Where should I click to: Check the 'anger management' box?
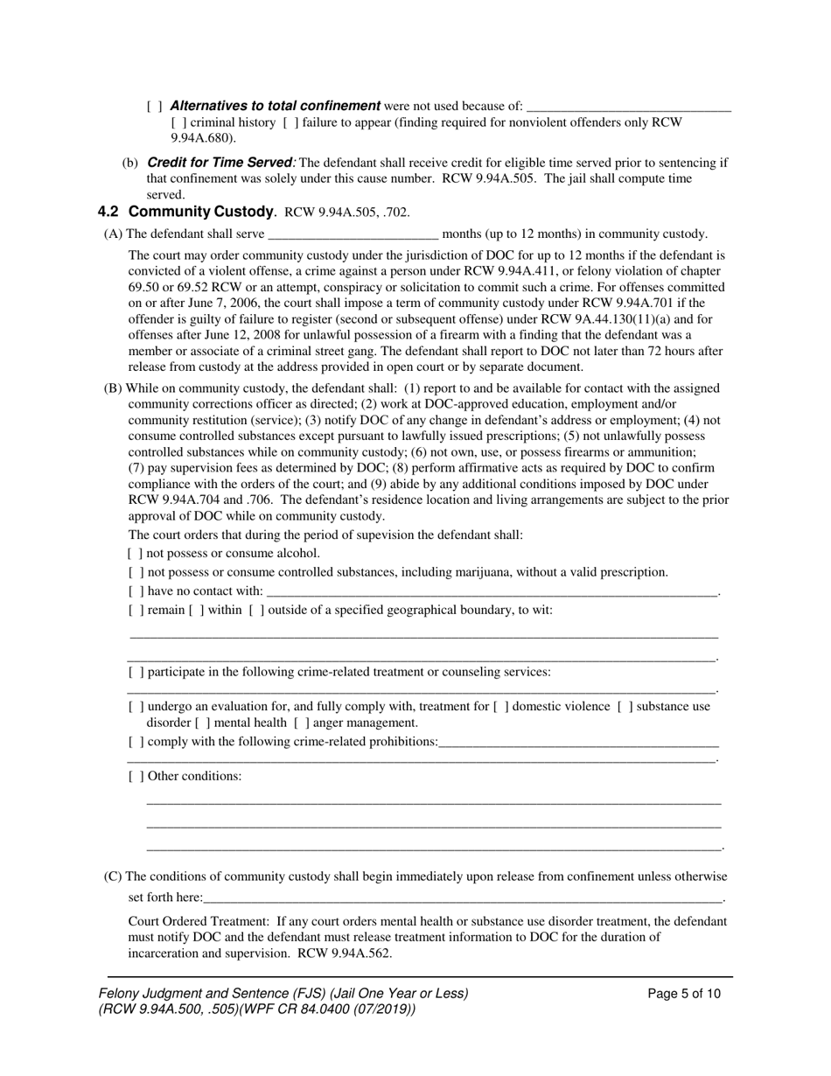pyautogui.click(x=302, y=723)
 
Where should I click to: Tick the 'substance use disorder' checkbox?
pyautogui.click(x=625, y=707)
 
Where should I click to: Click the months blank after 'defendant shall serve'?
pyautogui.click(x=353, y=234)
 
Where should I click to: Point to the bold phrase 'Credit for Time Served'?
pyautogui.click(x=219, y=163)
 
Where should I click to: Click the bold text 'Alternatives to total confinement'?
pyautogui.click(x=275, y=106)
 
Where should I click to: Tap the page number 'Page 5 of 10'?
pyautogui.click(x=684, y=994)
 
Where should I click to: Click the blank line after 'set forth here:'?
pyautogui.click(x=464, y=898)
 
